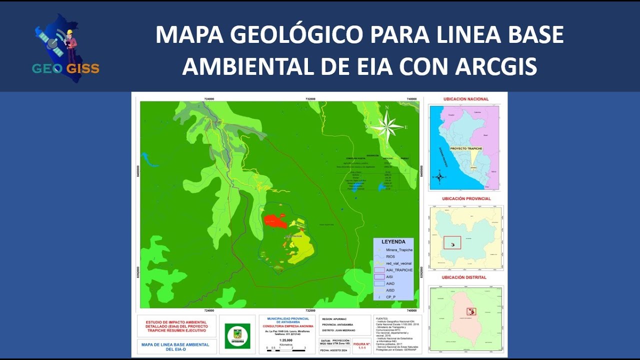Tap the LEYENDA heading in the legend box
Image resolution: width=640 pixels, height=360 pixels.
pyautogui.click(x=393, y=242)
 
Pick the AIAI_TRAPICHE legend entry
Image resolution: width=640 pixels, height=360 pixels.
pyautogui.click(x=399, y=270)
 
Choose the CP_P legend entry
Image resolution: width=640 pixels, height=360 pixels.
pyautogui.click(x=390, y=297)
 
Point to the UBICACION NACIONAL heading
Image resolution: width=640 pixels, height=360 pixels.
pyautogui.click(x=466, y=99)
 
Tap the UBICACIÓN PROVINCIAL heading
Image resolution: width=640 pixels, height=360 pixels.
pyautogui.click(x=466, y=198)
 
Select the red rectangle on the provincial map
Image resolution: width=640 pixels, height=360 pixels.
pyautogui.click(x=452, y=242)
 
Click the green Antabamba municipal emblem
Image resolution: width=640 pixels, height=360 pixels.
pyautogui.click(x=237, y=335)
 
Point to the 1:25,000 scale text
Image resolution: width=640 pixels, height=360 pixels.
pyautogui.click(x=286, y=340)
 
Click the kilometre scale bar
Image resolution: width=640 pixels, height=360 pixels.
pyautogui.click(x=286, y=350)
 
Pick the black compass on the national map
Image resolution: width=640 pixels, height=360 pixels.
pyautogui.click(x=439, y=176)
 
